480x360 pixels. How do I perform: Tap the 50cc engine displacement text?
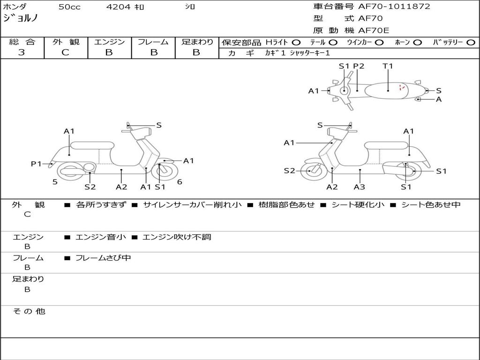click(x=69, y=7)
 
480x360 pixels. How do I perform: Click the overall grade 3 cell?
click(x=22, y=52)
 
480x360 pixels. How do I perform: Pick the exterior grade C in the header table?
click(x=66, y=52)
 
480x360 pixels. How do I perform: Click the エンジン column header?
click(x=109, y=42)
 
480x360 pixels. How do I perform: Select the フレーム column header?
click(x=153, y=42)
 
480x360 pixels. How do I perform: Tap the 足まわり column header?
click(x=197, y=42)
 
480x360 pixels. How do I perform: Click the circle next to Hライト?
click(x=296, y=42)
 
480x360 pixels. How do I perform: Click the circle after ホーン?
click(x=418, y=42)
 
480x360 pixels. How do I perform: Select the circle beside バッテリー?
click(x=471, y=42)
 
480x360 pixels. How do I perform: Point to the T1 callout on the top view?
click(x=388, y=66)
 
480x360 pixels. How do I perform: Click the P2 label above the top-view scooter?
click(x=359, y=66)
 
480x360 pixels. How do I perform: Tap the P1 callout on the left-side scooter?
click(x=36, y=164)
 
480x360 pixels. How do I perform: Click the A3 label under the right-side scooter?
click(x=360, y=187)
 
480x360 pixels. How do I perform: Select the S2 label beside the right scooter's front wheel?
click(x=290, y=171)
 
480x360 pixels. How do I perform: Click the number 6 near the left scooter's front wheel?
click(x=180, y=182)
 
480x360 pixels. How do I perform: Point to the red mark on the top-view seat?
click(x=401, y=87)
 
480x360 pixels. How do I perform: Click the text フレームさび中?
click(x=103, y=258)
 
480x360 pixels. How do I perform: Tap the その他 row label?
click(x=29, y=311)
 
